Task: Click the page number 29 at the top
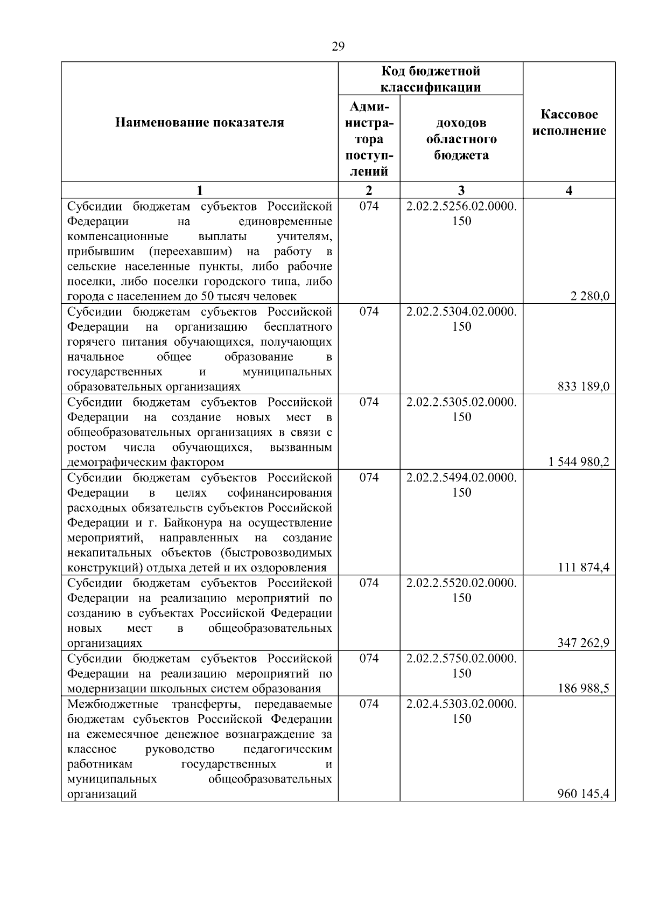(x=338, y=46)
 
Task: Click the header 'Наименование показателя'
(x=199, y=123)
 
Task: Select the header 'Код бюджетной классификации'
(x=431, y=79)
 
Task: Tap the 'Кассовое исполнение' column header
(x=569, y=123)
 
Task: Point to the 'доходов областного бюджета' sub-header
(x=461, y=139)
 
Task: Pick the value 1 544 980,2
(x=579, y=462)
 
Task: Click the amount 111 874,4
(x=584, y=567)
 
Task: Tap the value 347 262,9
(x=584, y=643)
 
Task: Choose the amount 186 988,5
(x=584, y=688)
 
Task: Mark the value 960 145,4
(x=584, y=793)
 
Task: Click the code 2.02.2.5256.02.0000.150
(x=461, y=214)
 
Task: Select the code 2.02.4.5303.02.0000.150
(x=461, y=711)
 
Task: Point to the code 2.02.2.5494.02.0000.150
(x=461, y=485)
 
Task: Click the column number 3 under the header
(x=461, y=190)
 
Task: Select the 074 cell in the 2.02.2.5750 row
(x=369, y=658)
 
